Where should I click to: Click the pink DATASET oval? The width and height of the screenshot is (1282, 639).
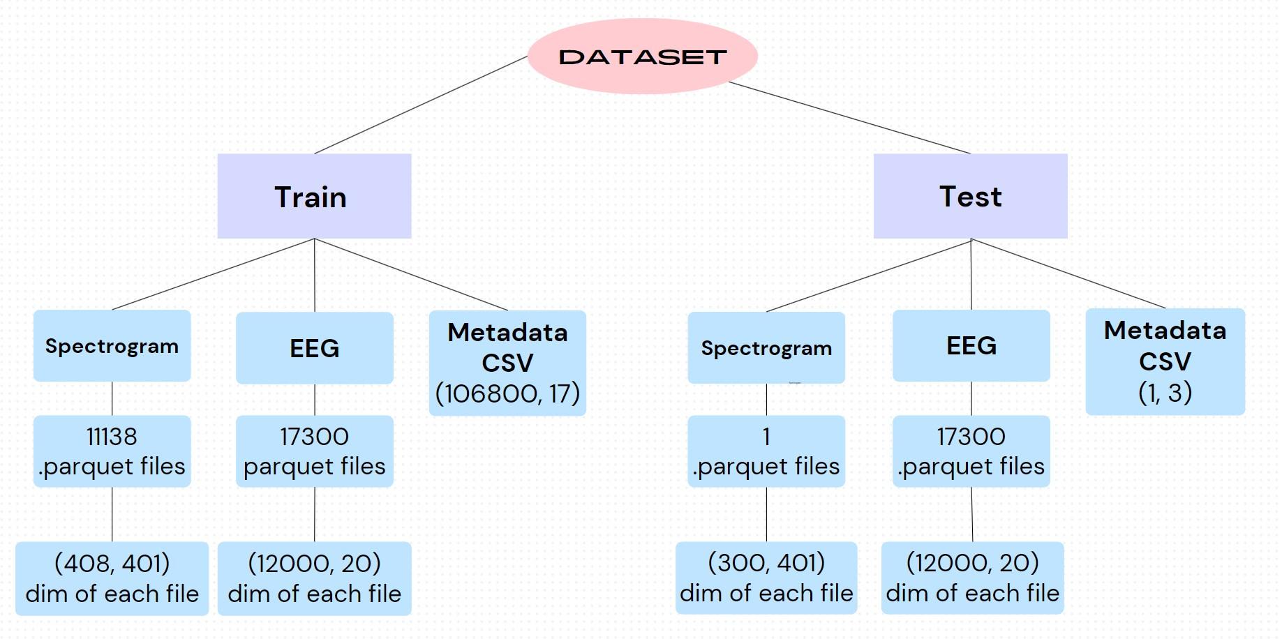[642, 57]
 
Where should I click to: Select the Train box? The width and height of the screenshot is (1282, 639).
[314, 196]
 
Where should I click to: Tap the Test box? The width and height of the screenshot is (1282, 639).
[970, 196]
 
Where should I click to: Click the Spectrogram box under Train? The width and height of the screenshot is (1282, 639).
[112, 346]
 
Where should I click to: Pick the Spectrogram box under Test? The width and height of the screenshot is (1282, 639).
[766, 347]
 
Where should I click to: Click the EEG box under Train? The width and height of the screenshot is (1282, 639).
[314, 347]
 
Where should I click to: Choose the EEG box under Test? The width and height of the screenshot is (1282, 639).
[971, 345]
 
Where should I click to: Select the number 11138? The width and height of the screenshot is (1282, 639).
[112, 437]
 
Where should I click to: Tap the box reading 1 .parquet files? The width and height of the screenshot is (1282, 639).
[766, 451]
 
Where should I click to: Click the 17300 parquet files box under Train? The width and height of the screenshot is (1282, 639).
[314, 451]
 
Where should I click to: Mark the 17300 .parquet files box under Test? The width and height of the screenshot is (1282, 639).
[971, 451]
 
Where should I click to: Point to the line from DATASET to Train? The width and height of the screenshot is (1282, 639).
[421, 105]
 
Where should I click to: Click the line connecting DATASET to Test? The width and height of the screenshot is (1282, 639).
[849, 117]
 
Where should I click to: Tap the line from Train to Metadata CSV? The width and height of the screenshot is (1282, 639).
[411, 274]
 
